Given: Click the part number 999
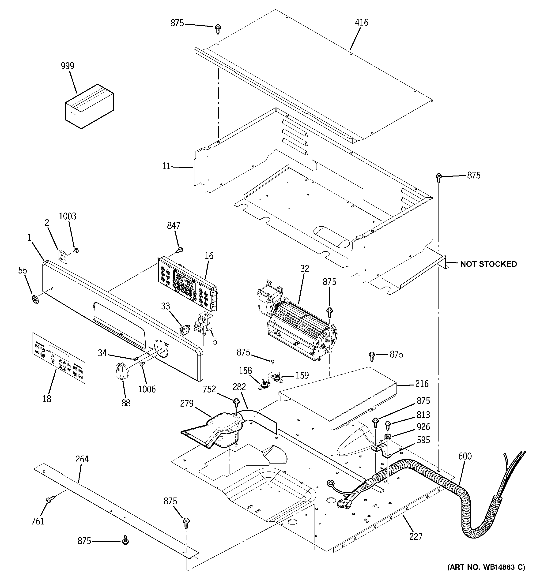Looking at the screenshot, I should pyautogui.click(x=68, y=66).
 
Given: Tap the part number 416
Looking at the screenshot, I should pyautogui.click(x=362, y=22).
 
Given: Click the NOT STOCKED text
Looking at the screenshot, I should pyautogui.click(x=488, y=264).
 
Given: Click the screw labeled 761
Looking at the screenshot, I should pyautogui.click(x=49, y=500).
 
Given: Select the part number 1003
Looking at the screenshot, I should pyautogui.click(x=68, y=216).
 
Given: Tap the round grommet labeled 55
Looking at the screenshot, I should pyautogui.click(x=35, y=299).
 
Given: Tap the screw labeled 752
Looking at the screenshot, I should pyautogui.click(x=236, y=403).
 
